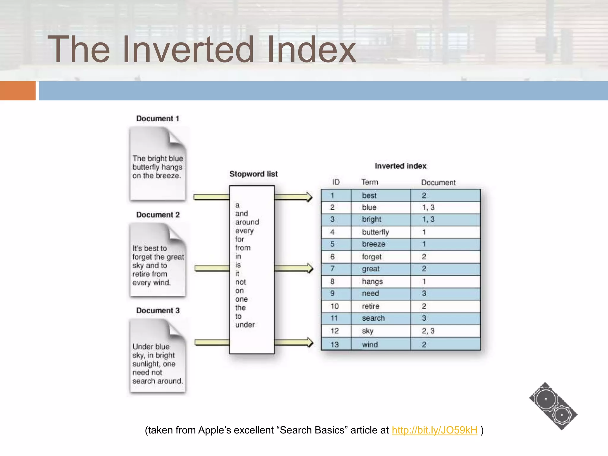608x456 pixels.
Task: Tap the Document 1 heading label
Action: (x=158, y=118)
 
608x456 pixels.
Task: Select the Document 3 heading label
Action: (x=158, y=311)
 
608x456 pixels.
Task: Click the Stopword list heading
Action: (x=254, y=174)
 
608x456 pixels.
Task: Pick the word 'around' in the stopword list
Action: (x=247, y=222)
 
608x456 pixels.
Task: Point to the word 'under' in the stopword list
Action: (x=245, y=325)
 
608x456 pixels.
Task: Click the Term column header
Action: (x=370, y=182)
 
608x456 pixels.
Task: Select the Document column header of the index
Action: (x=438, y=183)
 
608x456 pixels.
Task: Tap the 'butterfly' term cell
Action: (x=375, y=232)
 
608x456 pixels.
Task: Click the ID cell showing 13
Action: (x=335, y=345)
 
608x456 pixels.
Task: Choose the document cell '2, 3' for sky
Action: (x=428, y=331)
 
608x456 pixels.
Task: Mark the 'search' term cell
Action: (x=373, y=318)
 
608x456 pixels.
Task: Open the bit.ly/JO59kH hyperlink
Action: (x=434, y=430)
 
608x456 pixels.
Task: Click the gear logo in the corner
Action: (x=553, y=406)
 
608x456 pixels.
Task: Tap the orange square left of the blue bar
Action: (x=18, y=91)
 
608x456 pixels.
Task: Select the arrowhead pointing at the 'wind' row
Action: (x=310, y=342)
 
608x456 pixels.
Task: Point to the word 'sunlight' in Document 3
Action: (x=145, y=364)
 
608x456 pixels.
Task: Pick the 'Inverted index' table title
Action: (x=400, y=166)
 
